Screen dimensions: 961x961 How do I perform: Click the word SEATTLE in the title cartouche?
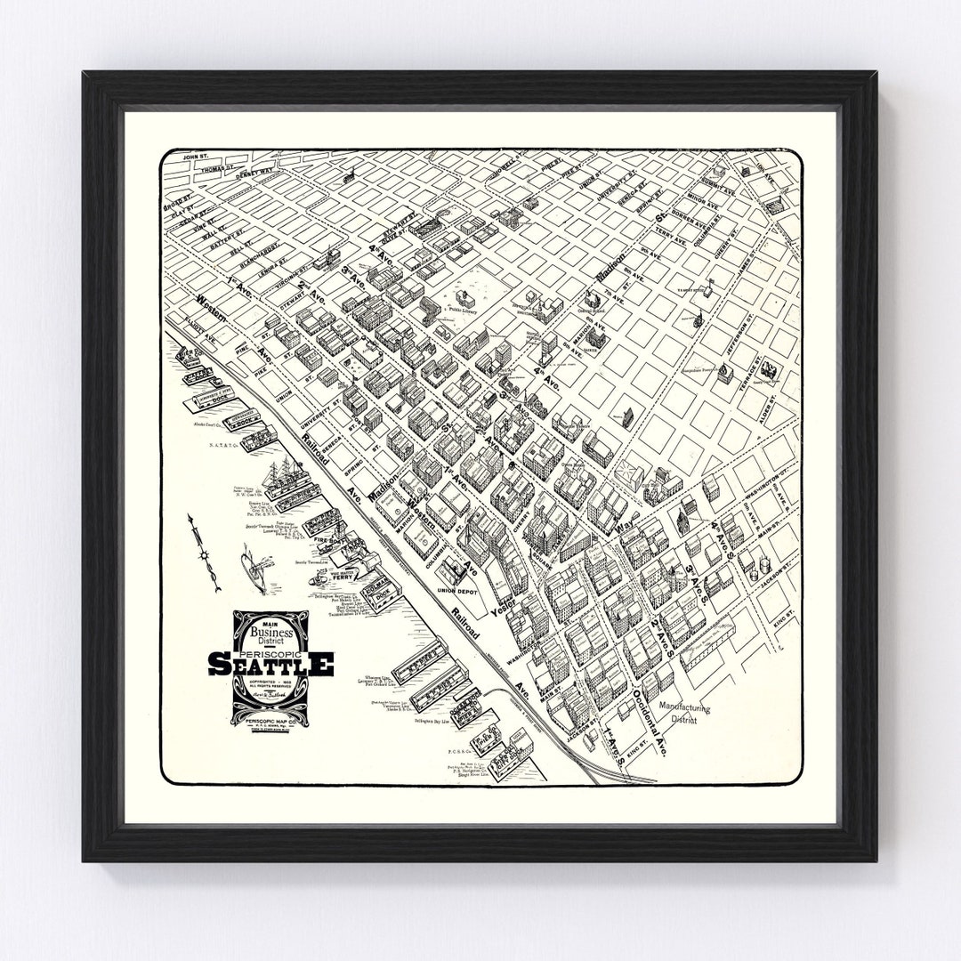point(271,663)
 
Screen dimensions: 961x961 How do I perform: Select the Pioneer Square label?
point(535,525)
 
